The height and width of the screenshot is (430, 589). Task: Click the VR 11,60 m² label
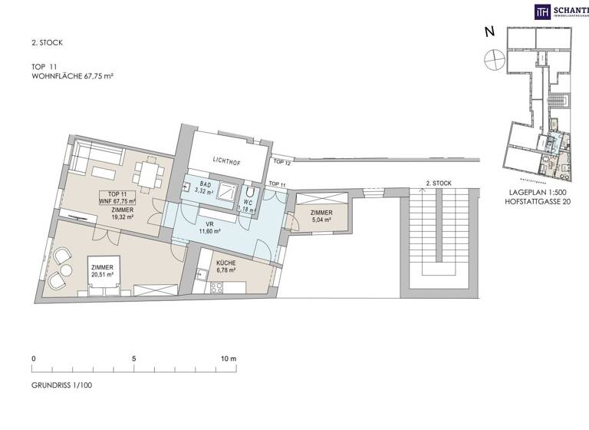tap(209, 227)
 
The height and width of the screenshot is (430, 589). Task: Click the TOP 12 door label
tap(282, 163)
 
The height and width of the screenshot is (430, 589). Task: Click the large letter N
tap(489, 32)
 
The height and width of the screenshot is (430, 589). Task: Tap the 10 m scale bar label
tap(230, 359)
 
